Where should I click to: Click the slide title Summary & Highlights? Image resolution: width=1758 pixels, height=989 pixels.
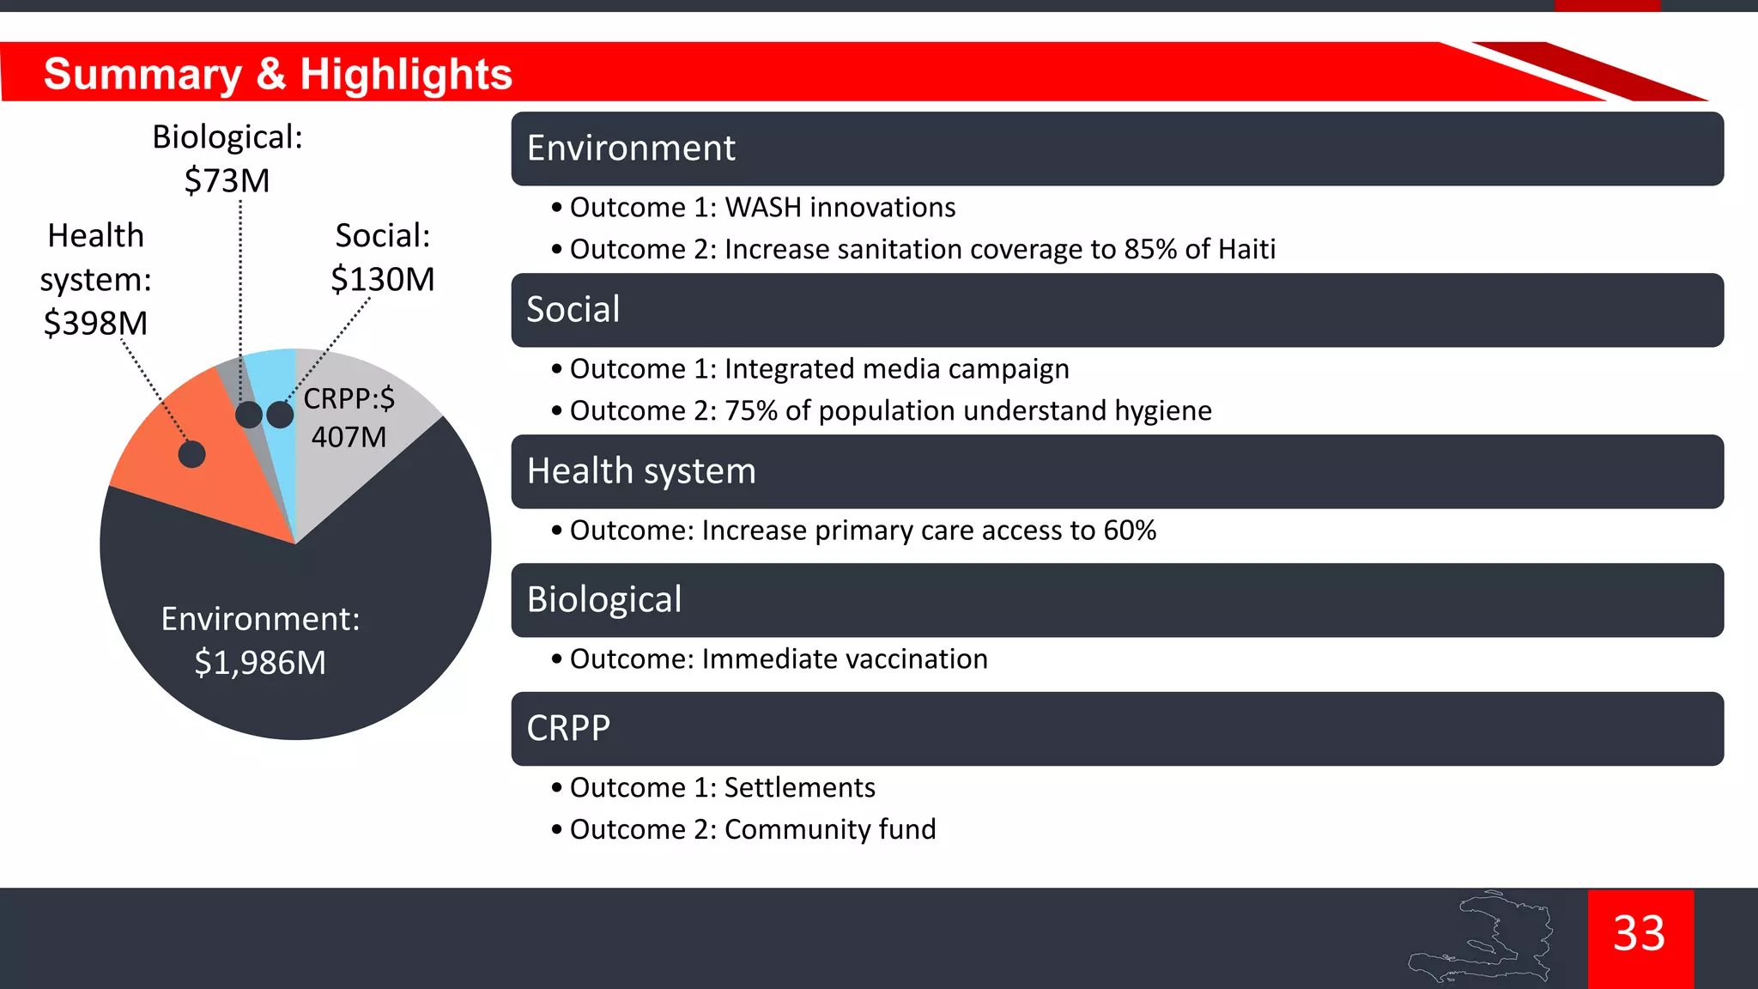click(x=277, y=74)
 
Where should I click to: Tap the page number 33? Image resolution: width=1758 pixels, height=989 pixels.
click(x=1639, y=934)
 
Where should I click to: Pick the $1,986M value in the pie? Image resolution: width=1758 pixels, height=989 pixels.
click(x=260, y=663)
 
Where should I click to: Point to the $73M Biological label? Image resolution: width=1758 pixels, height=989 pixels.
click(x=227, y=181)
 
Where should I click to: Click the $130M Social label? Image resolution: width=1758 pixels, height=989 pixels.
click(x=383, y=280)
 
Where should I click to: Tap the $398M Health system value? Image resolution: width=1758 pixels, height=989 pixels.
click(x=95, y=324)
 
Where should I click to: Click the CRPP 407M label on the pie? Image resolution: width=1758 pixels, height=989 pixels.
click(x=349, y=418)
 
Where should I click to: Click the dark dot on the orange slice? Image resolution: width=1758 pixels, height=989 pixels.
click(x=191, y=454)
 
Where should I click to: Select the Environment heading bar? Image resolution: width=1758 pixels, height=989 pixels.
click(x=1116, y=149)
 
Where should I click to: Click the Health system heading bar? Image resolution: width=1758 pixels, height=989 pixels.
click(x=1116, y=471)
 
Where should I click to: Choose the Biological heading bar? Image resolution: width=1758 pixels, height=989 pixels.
click(x=1116, y=600)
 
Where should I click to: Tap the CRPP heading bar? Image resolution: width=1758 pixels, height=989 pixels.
click(x=1116, y=729)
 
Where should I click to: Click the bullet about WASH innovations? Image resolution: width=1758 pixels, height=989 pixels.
click(x=762, y=208)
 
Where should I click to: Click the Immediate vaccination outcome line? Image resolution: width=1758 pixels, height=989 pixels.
click(x=778, y=659)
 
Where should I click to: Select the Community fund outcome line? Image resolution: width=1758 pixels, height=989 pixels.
click(x=752, y=830)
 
